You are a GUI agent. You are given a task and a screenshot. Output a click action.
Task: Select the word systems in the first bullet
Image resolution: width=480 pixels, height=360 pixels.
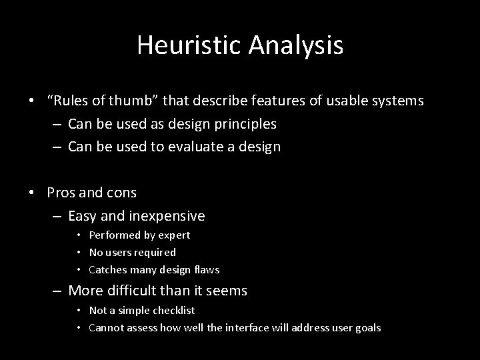398,101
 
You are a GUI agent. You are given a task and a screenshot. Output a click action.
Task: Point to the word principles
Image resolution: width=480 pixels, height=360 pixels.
241,124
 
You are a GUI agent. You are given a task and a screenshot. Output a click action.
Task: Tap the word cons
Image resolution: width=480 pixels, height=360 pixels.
121,193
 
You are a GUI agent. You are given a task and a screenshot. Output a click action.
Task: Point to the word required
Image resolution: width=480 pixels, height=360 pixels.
155,253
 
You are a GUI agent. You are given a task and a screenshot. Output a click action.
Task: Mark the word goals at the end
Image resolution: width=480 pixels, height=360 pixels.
369,327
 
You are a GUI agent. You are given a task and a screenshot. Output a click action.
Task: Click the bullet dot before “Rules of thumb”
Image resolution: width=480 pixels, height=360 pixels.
31,101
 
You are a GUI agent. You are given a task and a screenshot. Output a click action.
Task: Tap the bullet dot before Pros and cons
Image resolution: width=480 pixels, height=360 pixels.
31,194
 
